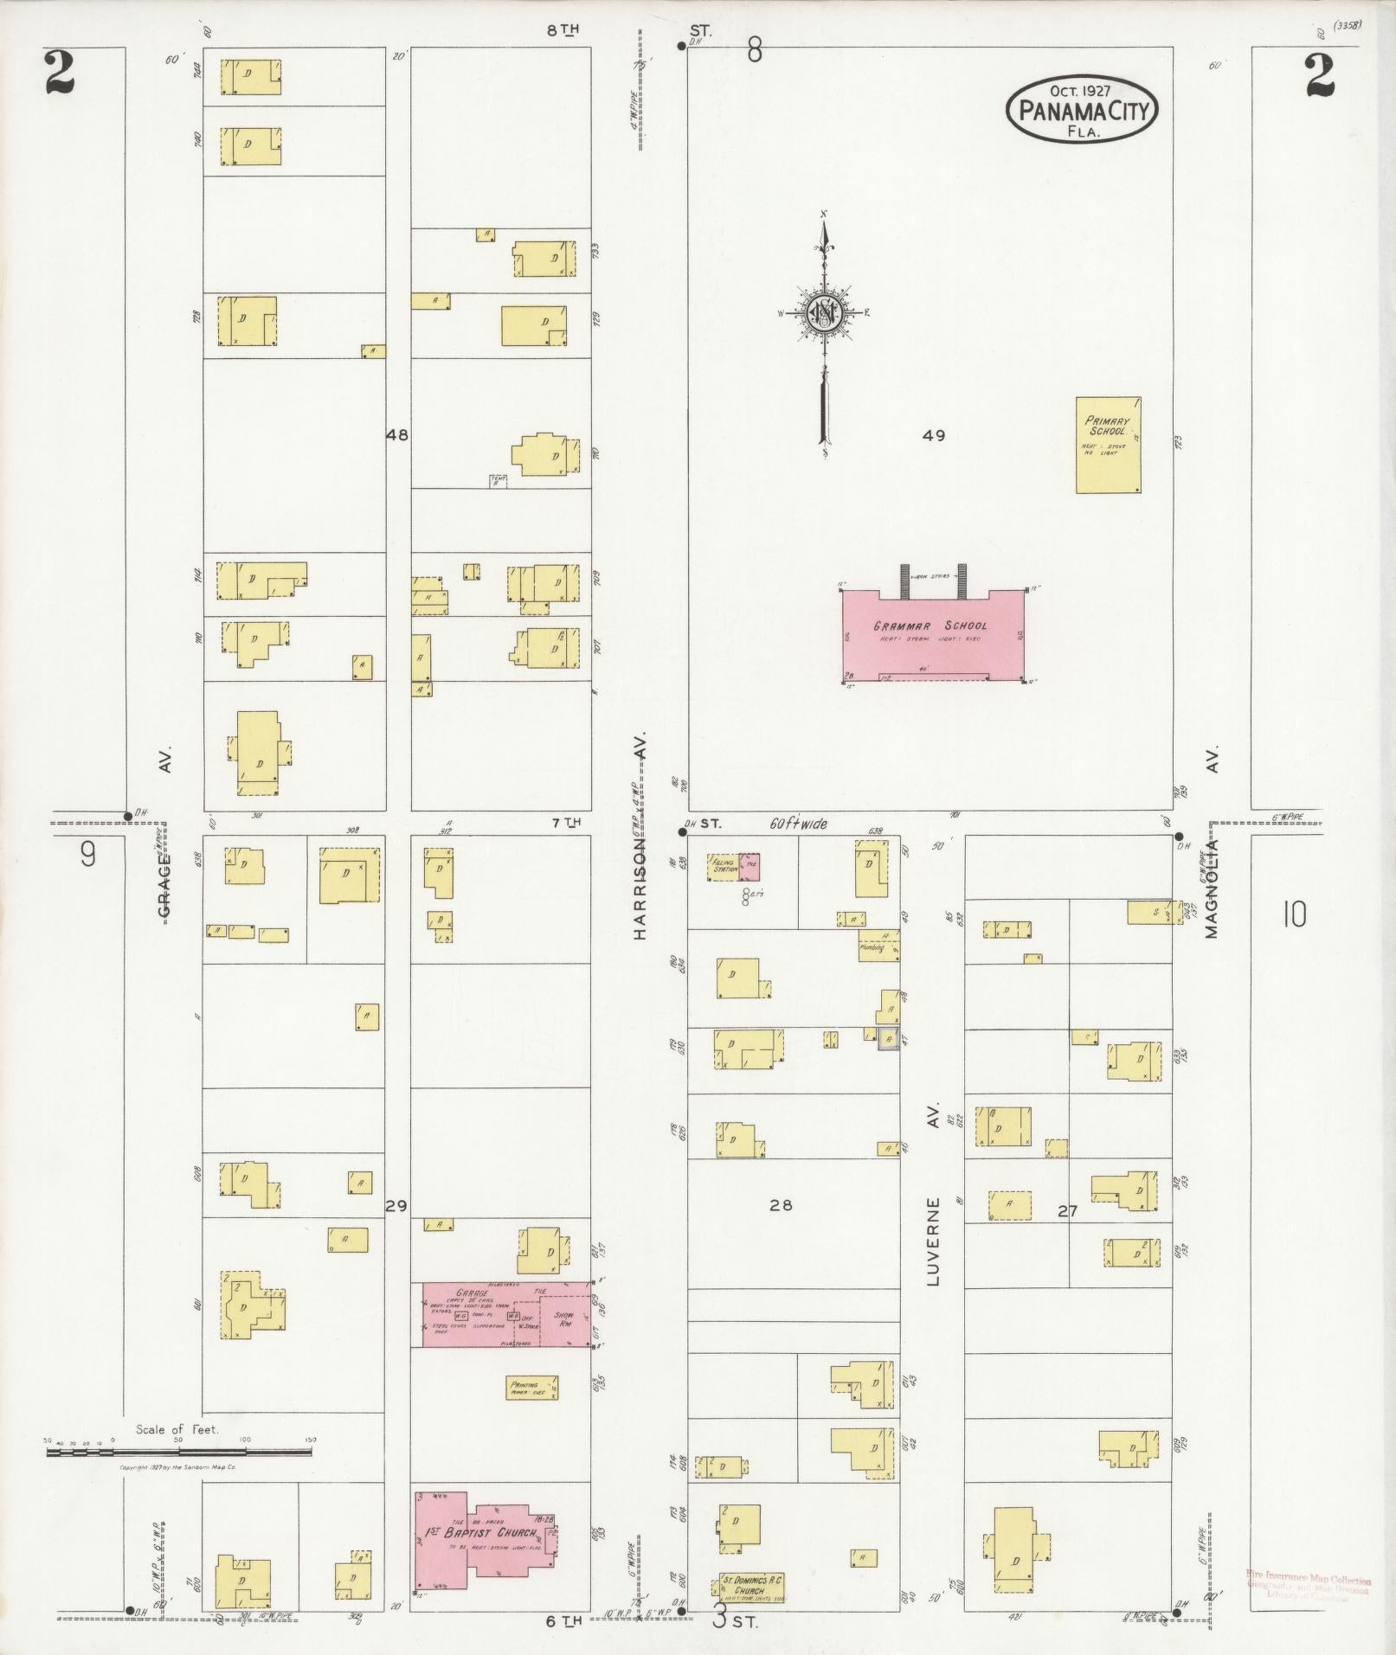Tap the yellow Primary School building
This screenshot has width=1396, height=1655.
[1108, 446]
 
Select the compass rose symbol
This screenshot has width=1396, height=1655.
[824, 315]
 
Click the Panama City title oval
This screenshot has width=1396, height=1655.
[1082, 109]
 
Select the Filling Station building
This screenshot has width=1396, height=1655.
[722, 866]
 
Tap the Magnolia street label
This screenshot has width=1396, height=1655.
[1211, 888]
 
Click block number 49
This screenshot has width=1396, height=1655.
[933, 435]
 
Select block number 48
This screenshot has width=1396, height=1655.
[397, 435]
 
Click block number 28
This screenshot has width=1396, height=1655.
[781, 1204]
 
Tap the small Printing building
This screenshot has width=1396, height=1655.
[531, 1388]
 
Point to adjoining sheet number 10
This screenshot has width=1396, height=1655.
[1294, 914]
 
